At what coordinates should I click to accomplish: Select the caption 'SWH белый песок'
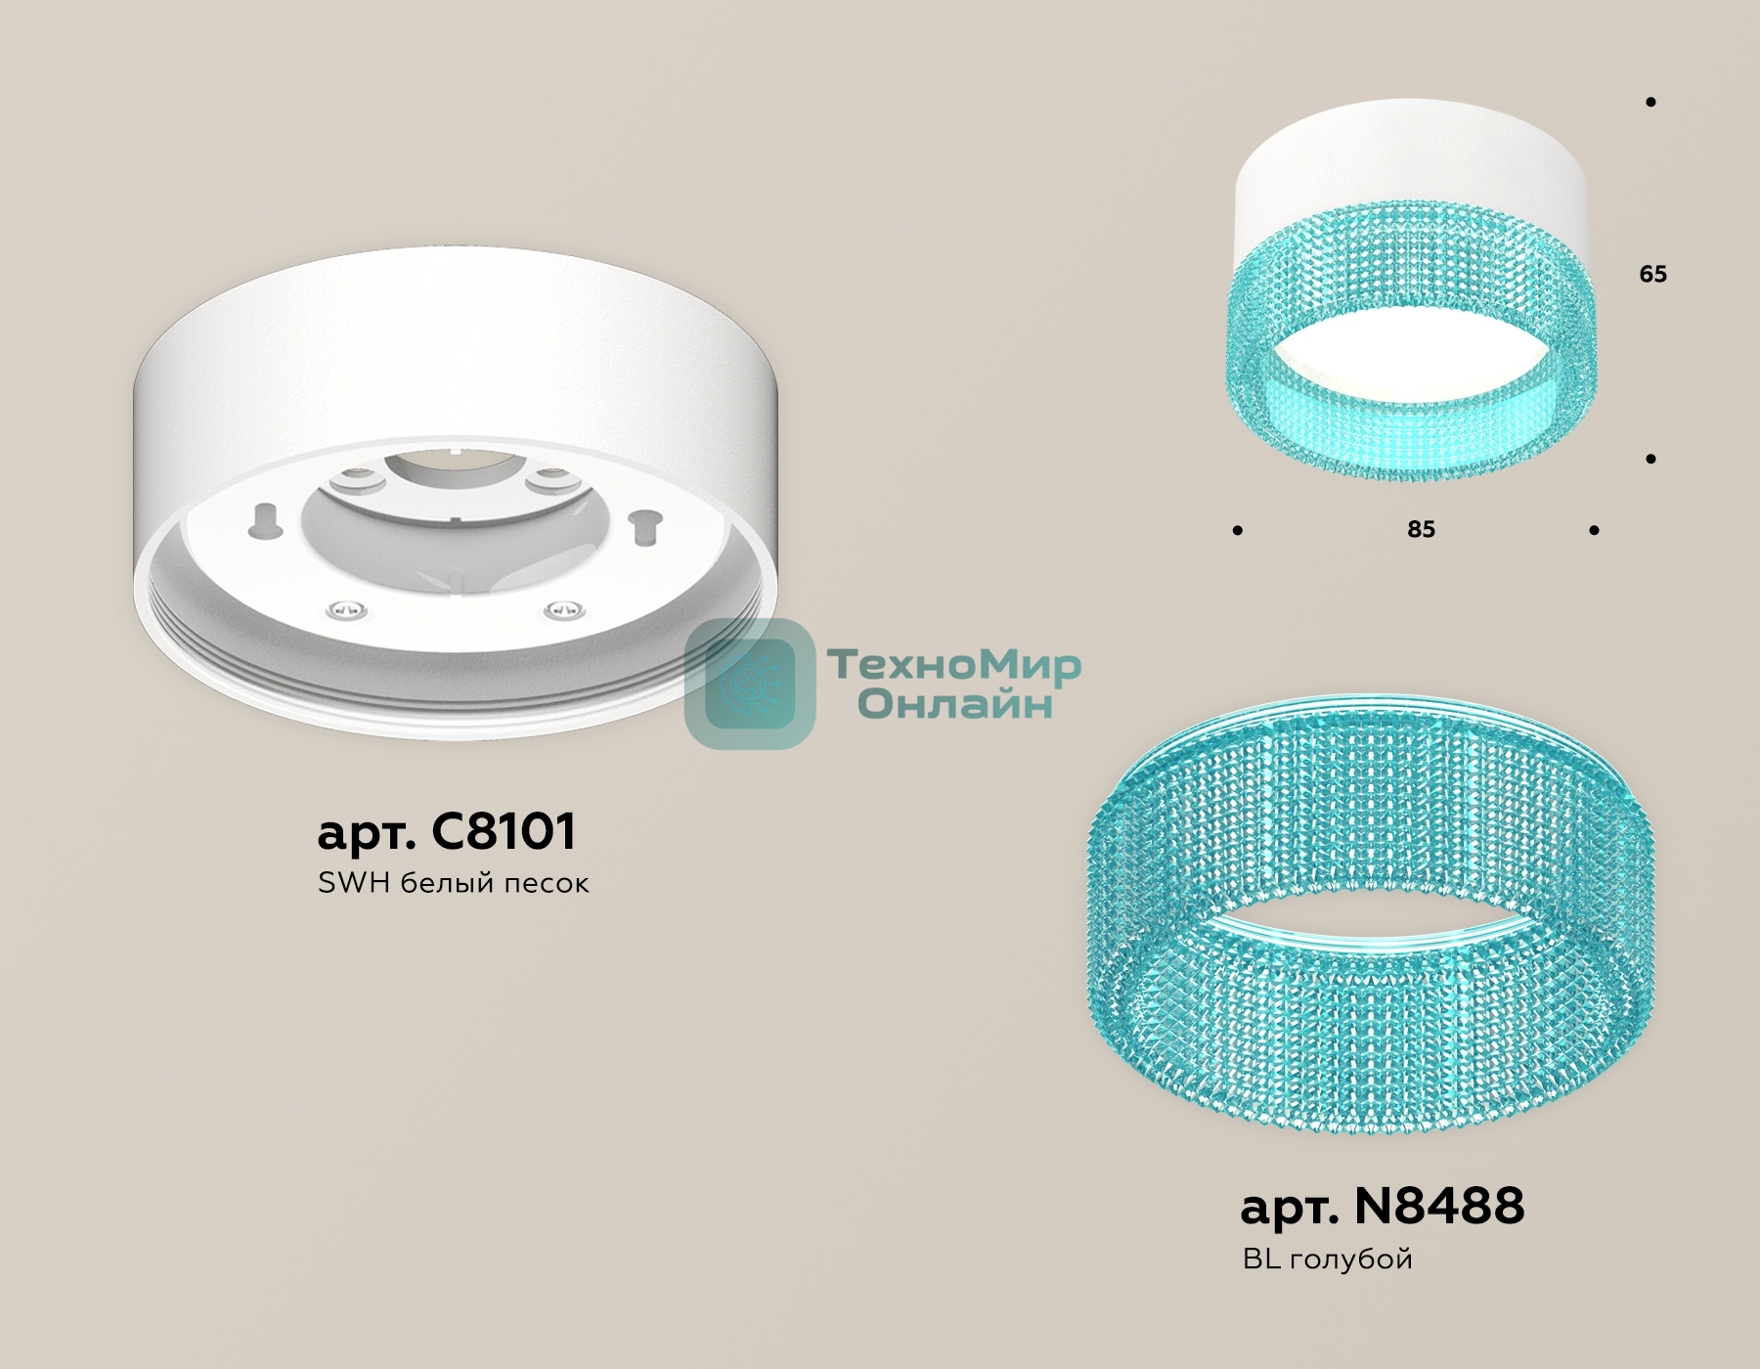tap(454, 883)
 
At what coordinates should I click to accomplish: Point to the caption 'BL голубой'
tap(1328, 1259)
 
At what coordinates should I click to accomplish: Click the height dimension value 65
tap(1652, 274)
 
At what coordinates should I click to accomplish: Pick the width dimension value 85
tap(1421, 529)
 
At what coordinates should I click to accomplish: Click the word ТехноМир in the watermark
tap(955, 665)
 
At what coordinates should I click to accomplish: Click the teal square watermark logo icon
tap(750, 684)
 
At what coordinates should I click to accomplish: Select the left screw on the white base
tap(348, 609)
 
